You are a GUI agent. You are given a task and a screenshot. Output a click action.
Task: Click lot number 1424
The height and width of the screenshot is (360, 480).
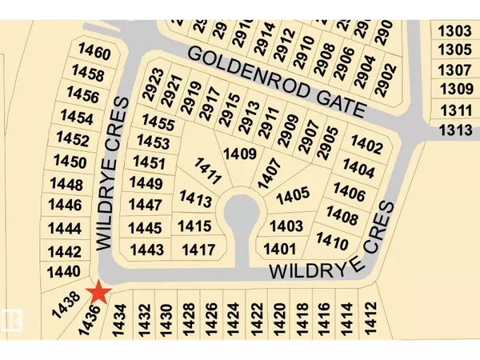coord(233,321)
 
